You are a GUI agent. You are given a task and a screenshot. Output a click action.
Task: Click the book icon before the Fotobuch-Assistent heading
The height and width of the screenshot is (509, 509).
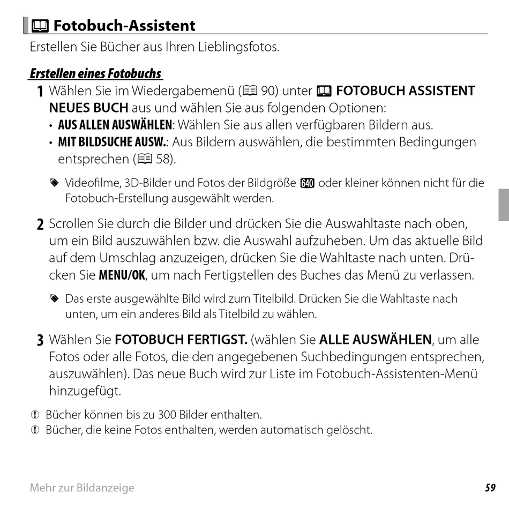tap(41, 25)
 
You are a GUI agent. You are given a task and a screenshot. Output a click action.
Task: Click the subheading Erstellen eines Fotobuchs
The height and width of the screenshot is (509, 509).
tap(95, 73)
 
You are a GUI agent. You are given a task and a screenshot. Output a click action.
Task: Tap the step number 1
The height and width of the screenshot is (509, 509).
tap(41, 92)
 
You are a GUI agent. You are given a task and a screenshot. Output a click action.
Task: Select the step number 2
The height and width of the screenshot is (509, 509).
tap(41, 224)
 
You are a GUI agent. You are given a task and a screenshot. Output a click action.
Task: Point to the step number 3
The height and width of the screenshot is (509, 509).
tap(41, 340)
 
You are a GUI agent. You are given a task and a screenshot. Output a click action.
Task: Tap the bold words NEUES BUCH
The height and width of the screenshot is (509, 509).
tap(89, 107)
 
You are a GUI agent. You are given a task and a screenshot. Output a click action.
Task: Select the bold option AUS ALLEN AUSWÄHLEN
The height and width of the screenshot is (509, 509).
tap(115, 125)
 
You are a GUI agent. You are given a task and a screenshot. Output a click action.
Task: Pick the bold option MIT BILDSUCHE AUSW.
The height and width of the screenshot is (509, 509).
tap(112, 143)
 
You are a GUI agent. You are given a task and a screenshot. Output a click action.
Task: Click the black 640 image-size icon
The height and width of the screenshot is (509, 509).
tap(307, 183)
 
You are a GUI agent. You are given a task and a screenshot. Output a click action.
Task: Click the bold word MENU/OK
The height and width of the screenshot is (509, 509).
tap(122, 276)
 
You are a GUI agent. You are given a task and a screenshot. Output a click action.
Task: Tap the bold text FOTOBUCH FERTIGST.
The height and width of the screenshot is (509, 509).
tap(181, 340)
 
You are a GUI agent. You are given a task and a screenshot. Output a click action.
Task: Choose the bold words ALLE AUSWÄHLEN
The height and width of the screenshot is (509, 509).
tap(375, 340)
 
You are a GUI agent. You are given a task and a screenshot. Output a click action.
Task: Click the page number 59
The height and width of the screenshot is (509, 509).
tap(490, 488)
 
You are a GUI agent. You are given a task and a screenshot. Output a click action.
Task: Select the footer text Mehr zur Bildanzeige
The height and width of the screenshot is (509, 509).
tap(82, 488)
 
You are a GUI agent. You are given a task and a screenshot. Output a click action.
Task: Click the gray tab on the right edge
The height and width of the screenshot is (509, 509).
tap(503, 205)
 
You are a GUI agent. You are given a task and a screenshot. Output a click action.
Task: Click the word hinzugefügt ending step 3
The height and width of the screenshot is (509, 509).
tap(85, 391)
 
